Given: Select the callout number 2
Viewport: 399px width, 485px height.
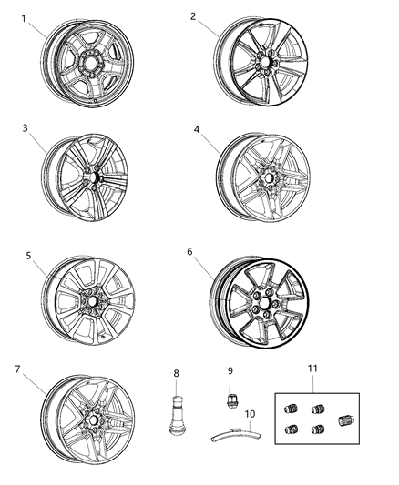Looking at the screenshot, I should (194, 16).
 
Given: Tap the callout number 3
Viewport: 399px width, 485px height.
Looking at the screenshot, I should (25, 128).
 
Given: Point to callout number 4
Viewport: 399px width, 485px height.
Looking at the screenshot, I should (196, 129).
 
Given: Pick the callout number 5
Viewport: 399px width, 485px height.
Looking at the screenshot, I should (28, 256).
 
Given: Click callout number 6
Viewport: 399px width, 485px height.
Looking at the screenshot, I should (190, 250).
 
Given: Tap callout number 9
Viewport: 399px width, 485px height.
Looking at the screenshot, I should (230, 369).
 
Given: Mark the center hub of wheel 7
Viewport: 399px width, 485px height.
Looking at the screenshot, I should (92, 420).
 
